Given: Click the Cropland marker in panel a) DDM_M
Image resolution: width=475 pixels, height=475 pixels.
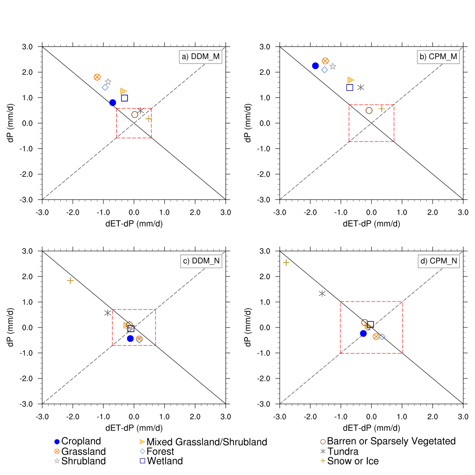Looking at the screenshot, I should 112,103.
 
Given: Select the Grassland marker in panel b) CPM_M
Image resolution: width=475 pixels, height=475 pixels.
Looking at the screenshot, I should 325,61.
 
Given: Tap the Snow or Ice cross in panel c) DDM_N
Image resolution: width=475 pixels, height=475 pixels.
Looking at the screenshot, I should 71,280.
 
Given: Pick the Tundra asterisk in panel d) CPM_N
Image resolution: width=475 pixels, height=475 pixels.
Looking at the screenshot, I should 322,294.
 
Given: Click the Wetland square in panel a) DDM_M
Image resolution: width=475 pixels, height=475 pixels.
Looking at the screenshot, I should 124,98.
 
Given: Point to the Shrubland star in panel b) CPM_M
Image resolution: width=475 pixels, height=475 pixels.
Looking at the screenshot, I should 333,66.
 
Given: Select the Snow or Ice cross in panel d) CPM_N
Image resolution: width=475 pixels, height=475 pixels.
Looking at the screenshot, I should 286,263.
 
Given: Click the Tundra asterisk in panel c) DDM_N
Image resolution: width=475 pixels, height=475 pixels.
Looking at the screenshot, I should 108,313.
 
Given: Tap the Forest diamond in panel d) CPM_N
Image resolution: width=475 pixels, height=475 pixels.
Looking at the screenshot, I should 382,337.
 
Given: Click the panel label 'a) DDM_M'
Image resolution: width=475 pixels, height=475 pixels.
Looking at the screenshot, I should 200,57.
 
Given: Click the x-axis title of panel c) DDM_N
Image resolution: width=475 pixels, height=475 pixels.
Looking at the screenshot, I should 134,428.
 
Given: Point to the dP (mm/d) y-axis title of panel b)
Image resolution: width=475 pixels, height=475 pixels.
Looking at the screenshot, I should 248,123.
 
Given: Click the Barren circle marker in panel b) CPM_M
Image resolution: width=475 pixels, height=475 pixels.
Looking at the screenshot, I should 369,110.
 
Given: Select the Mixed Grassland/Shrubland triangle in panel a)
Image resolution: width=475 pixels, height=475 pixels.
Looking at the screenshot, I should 123,91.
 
